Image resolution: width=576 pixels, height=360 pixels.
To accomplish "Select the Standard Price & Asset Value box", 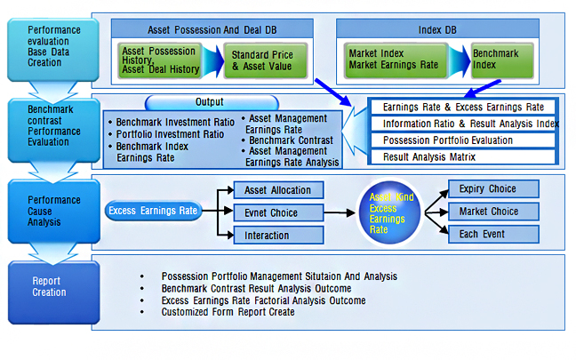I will coord(262,60).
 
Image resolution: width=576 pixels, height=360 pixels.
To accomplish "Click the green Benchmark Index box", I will coord(503,60).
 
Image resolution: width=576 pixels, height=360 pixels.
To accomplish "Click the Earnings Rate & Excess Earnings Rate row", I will coord(463,107).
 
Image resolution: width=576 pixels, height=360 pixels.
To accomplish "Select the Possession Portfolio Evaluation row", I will coord(463,140).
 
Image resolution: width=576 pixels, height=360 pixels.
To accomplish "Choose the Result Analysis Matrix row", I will coord(463,157).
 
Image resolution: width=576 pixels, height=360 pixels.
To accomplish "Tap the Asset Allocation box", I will coord(278,189).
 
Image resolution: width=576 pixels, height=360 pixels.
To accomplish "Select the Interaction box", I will coord(278,235).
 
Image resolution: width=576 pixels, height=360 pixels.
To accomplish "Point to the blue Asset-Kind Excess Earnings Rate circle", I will coord(388,213).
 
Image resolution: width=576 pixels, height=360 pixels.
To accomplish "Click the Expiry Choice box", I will coord(488,188).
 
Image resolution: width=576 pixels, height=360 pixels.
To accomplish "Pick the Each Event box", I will coord(488,235).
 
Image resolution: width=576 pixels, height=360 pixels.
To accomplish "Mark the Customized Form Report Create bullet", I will coord(228,312).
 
